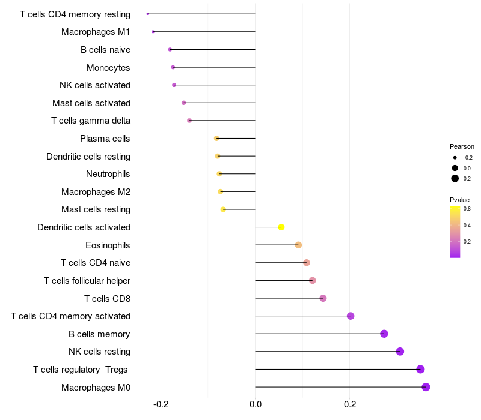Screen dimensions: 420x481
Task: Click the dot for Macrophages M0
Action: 426,387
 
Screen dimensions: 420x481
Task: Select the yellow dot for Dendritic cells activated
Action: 281,227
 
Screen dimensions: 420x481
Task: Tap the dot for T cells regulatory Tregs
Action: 420,369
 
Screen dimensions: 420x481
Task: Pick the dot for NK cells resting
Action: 400,352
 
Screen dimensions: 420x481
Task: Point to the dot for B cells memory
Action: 384,334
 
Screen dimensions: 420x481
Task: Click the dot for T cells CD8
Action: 323,298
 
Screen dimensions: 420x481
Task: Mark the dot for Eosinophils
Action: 298,245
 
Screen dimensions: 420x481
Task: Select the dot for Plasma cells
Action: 216,139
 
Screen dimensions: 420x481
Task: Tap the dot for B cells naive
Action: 170,50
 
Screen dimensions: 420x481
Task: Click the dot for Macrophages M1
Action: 153,32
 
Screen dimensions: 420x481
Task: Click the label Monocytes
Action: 108,68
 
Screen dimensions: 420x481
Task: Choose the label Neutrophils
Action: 108,174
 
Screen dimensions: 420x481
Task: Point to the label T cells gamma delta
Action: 91,121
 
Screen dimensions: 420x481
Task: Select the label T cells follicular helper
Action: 87,281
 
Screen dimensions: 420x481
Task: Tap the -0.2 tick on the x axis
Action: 161,404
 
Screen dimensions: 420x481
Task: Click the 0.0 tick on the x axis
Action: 255,404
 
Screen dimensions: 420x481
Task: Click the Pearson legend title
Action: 462,146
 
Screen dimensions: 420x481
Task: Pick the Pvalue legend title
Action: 460,200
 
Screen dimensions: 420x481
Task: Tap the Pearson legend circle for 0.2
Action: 455,178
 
